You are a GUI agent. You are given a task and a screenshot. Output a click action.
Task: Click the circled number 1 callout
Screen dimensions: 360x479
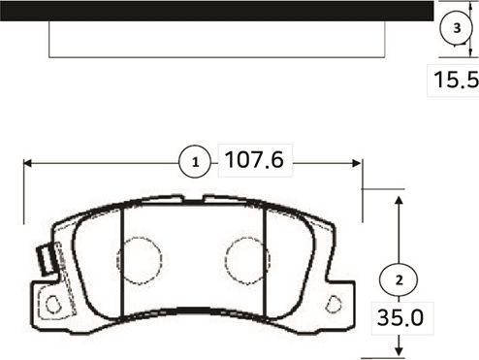point(195,161)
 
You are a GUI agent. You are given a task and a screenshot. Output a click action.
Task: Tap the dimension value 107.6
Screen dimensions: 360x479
point(253,161)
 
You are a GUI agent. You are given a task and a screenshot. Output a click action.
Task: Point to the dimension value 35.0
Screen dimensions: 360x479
point(399,316)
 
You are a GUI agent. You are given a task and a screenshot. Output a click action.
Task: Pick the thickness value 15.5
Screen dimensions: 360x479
point(455,81)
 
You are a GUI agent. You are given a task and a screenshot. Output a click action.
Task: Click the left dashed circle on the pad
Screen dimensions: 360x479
point(138,258)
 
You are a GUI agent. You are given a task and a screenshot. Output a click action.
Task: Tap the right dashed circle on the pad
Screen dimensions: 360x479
point(246,258)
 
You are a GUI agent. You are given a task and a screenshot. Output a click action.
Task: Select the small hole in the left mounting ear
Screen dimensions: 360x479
point(54,304)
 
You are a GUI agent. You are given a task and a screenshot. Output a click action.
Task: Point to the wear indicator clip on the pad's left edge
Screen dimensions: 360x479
point(44,259)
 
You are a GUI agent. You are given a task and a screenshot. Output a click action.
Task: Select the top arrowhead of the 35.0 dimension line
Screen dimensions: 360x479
point(399,198)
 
